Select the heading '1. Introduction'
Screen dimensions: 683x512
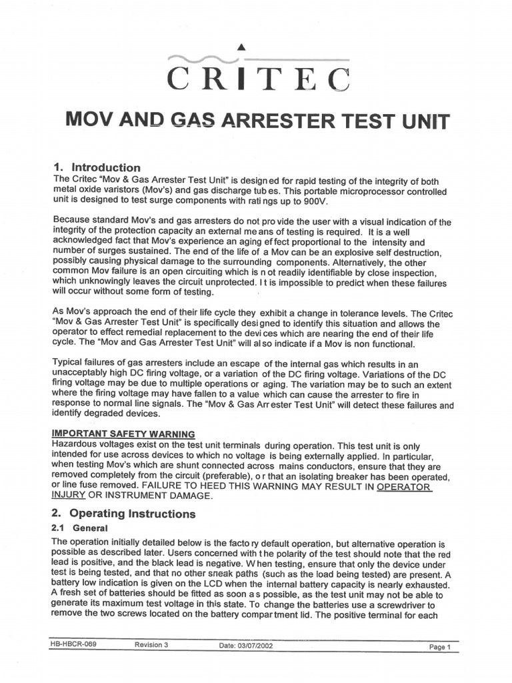click(96, 167)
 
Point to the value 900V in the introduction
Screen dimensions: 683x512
click(314, 201)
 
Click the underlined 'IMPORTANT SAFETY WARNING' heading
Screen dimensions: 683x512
click(123, 434)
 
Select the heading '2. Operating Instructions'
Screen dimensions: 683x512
click(123, 514)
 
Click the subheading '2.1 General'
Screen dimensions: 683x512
click(75, 528)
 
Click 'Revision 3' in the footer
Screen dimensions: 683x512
click(151, 645)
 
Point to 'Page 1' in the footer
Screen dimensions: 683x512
click(440, 647)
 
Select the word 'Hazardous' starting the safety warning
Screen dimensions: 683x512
click(77, 445)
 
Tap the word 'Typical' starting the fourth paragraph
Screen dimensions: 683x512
click(68, 363)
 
